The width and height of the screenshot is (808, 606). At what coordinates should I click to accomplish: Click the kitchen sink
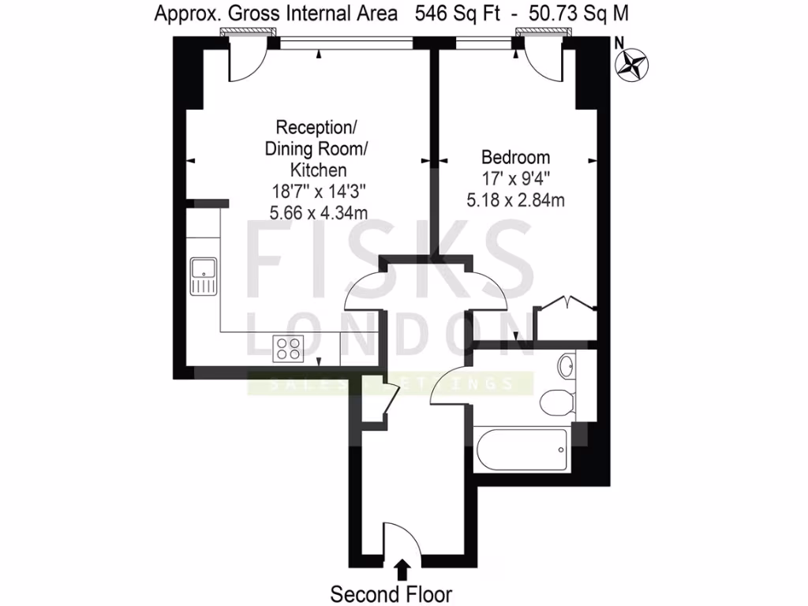pos(203,277)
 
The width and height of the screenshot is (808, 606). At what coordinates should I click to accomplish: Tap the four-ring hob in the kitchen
pos(289,348)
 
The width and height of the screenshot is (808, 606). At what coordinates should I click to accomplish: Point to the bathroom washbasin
pos(566,365)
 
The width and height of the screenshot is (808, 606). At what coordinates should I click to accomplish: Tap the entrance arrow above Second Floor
pos(402,568)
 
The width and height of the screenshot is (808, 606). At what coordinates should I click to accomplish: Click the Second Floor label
pos(391,593)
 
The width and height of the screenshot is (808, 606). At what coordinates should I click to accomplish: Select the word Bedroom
pos(515,157)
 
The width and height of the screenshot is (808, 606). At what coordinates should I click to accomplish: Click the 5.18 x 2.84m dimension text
pos(515,200)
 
